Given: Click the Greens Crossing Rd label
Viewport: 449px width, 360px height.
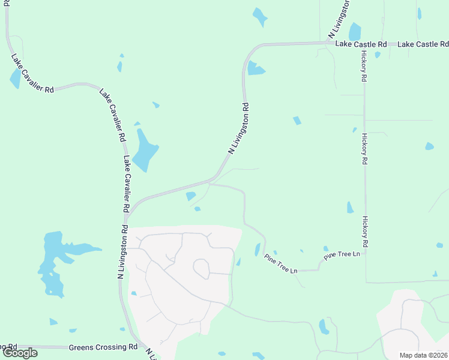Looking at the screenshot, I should [x=103, y=347].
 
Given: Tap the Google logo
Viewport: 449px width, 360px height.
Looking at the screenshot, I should [x=20, y=353].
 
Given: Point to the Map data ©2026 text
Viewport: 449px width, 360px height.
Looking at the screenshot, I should [x=424, y=355].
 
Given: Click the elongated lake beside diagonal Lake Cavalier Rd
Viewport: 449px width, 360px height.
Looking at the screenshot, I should [x=144, y=151].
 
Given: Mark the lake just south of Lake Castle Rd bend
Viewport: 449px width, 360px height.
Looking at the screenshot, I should [x=255, y=69].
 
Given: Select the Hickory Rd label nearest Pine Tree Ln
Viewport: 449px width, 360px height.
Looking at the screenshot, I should [x=364, y=233].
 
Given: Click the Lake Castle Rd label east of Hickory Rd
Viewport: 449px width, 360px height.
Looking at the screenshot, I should [x=423, y=44].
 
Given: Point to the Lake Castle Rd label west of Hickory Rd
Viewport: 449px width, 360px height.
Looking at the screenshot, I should [x=360, y=44].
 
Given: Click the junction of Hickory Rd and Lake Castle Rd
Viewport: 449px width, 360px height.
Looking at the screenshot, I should [x=364, y=44].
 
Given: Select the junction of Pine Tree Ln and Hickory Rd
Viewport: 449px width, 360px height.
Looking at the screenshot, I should [x=364, y=253].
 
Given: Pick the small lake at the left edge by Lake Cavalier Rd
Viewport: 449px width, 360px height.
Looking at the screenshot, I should [x=15, y=78].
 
